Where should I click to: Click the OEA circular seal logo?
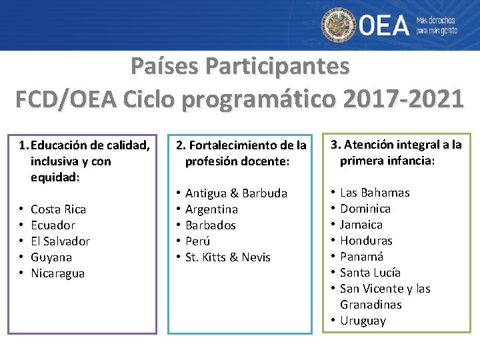pyautogui.click(x=339, y=25)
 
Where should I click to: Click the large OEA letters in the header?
pyautogui.click(x=385, y=25)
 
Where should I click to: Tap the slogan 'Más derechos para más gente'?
pyautogui.click(x=437, y=25)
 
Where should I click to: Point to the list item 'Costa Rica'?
pyautogui.click(x=58, y=209)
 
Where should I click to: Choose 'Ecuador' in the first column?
pyautogui.click(x=53, y=225)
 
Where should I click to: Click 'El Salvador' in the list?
pyautogui.click(x=60, y=241)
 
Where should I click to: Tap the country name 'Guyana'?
pyautogui.click(x=51, y=257)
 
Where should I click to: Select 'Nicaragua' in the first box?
pyautogui.click(x=57, y=273)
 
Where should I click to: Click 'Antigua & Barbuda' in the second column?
pyautogui.click(x=236, y=193)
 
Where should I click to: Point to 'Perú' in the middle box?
pyautogui.click(x=197, y=241)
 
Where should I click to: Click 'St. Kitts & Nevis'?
pyautogui.click(x=227, y=257)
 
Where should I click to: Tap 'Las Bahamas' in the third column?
pyautogui.click(x=375, y=193)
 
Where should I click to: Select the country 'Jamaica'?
pyautogui.click(x=361, y=225)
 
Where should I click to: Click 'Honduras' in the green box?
pyautogui.click(x=366, y=241)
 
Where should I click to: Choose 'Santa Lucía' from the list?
pyautogui.click(x=370, y=273)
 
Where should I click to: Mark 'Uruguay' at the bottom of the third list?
pyautogui.click(x=363, y=321)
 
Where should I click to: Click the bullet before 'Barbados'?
pyautogui.click(x=179, y=225)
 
